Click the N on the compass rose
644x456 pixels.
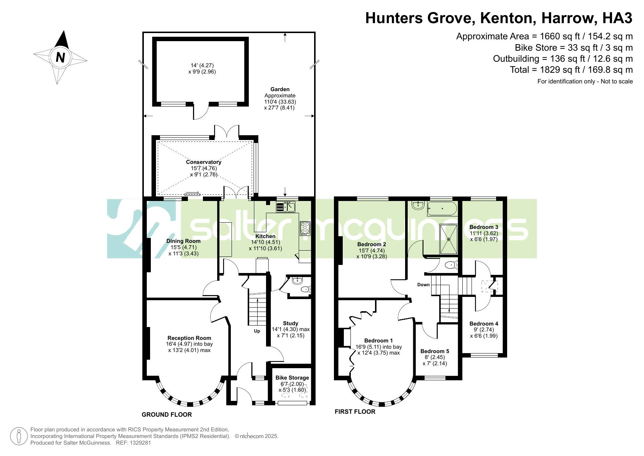pyautogui.click(x=60, y=58)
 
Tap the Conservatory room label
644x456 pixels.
pyautogui.click(x=204, y=162)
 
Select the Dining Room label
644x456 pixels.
pyautogui.click(x=183, y=241)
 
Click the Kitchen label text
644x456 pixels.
pyautogui.click(x=265, y=236)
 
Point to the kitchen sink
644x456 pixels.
pyautogui.click(x=286, y=207)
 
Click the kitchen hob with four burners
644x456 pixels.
pyautogui.click(x=305, y=228)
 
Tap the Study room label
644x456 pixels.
pyautogui.click(x=291, y=323)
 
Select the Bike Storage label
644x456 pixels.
pyautogui.click(x=292, y=378)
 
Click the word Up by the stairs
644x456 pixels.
pyautogui.click(x=257, y=331)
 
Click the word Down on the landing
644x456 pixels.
pyautogui.click(x=423, y=285)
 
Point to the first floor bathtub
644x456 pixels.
pyautogui.click(x=442, y=208)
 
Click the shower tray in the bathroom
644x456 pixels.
pyautogui.click(x=449, y=239)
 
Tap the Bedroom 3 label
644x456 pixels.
pyautogui.click(x=484, y=227)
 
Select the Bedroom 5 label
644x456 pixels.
pyautogui.click(x=435, y=351)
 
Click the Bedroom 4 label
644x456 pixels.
pyautogui.click(x=484, y=324)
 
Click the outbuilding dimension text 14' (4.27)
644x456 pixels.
pyautogui.click(x=202, y=66)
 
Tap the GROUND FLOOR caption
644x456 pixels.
pyautogui.click(x=167, y=415)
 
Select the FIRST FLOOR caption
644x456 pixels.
pyautogui.click(x=355, y=412)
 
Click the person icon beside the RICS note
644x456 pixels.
pyautogui.click(x=19, y=437)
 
